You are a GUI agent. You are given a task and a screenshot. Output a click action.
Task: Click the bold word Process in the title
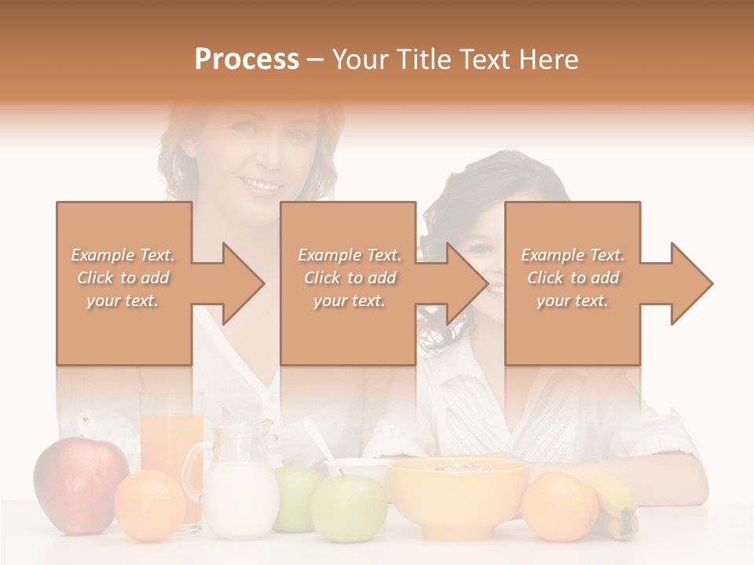[x=247, y=60]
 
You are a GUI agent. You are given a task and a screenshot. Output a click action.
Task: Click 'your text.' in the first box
[x=123, y=300]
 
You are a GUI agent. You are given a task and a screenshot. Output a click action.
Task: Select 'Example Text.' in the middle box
[x=349, y=255]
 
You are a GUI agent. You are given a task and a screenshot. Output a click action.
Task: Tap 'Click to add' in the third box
[x=573, y=278]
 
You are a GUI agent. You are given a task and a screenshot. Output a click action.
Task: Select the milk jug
[x=239, y=483]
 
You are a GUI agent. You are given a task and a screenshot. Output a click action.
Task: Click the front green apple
[x=349, y=508]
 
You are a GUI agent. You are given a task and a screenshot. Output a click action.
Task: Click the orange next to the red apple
[x=149, y=505]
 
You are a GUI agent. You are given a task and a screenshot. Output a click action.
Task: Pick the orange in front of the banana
[x=558, y=505]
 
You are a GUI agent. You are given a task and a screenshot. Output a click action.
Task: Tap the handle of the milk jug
[x=192, y=471]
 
